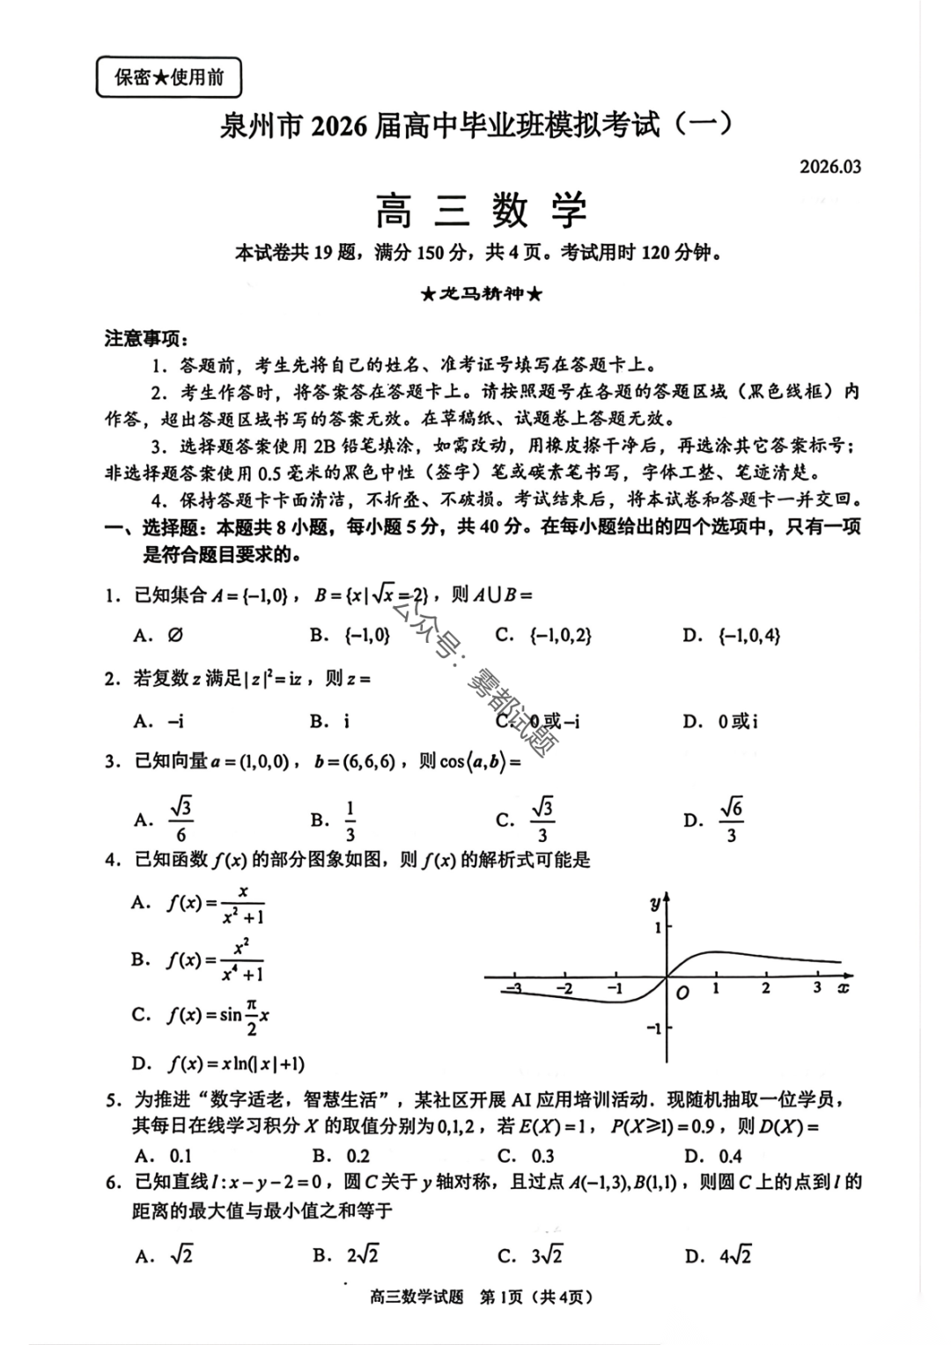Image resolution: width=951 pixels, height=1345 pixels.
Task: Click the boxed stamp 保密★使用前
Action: pos(167,78)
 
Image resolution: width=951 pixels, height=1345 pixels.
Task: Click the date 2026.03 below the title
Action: pos(830,166)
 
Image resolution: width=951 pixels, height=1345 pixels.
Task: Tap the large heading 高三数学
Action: pos(481,211)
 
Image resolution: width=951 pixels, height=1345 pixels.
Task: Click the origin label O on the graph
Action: pos(682,993)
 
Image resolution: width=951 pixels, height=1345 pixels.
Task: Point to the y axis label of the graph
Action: pos(654,902)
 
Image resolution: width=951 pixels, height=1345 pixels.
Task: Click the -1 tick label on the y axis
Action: pos(653,1028)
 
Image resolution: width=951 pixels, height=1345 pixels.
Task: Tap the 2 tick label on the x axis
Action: pos(765,988)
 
